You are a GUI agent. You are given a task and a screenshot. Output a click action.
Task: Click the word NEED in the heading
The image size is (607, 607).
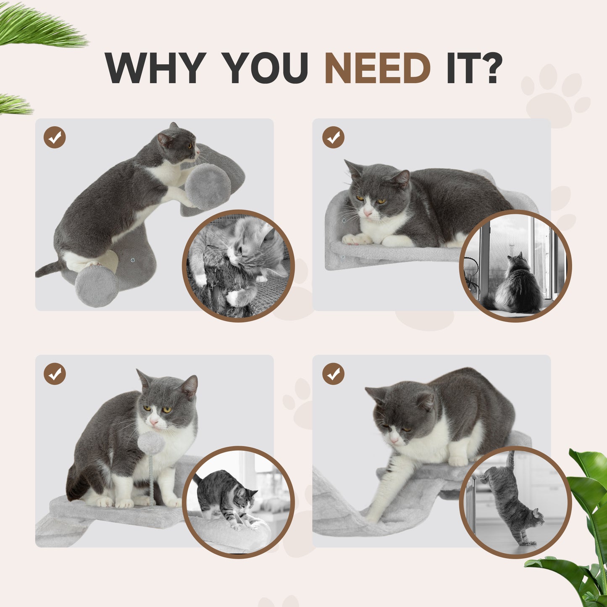(377, 68)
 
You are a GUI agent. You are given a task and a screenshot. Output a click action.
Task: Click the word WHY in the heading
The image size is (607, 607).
(155, 68)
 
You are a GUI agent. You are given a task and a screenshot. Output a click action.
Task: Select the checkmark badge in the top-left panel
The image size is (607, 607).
(55, 137)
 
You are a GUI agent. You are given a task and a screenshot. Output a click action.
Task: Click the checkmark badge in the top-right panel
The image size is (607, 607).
(333, 137)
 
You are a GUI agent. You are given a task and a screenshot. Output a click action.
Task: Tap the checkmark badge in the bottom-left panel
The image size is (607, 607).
(55, 374)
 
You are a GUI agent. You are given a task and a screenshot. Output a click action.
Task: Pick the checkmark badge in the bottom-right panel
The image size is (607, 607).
(333, 374)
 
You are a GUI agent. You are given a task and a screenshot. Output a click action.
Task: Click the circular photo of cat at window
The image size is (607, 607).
(515, 265)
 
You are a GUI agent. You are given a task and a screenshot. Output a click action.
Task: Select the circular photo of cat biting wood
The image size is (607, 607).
(238, 265)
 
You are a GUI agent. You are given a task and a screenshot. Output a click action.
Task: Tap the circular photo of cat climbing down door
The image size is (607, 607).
(515, 502)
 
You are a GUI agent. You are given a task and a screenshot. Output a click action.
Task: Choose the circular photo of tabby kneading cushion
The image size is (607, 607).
(238, 502)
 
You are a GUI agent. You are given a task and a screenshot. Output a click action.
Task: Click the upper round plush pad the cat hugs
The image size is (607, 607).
(208, 186)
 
